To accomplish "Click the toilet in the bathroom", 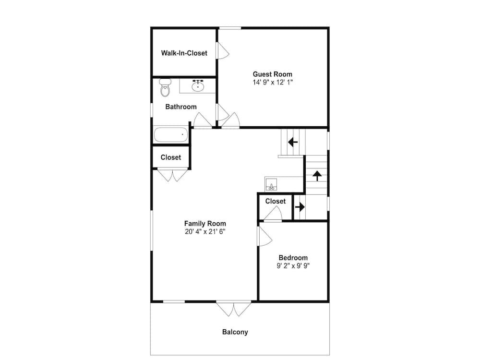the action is [x=165, y=87].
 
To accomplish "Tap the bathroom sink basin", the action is [x=198, y=86].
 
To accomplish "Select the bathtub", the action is [x=171, y=135].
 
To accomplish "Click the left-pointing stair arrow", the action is [x=293, y=142].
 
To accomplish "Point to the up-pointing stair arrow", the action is [x=317, y=176].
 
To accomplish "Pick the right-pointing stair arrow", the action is [x=300, y=207].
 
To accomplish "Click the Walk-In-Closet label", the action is [x=184, y=53].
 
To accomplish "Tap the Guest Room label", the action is [x=273, y=74].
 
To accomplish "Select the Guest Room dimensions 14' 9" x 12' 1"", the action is [x=273, y=82].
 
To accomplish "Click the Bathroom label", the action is [x=181, y=107].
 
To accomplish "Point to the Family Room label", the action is [x=205, y=224].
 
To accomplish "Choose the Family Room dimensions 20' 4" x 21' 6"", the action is [x=205, y=231].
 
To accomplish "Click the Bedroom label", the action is [x=293, y=258].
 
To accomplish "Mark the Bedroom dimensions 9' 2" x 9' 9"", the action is [x=293, y=266].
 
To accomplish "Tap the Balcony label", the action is [x=235, y=332].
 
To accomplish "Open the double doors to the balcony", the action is [x=234, y=309].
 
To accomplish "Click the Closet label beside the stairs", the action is [x=276, y=201].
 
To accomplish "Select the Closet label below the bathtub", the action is [x=171, y=157].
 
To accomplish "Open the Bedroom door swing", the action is [x=265, y=236].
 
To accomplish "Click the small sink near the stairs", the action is [x=271, y=185].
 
